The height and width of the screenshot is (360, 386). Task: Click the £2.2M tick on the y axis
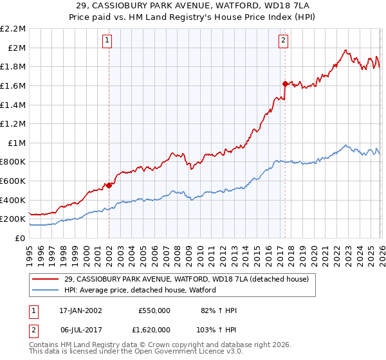(13, 29)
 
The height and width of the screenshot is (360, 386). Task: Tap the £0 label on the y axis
(21, 238)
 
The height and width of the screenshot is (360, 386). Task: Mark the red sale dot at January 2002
(109, 185)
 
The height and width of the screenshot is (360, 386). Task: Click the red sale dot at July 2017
(284, 84)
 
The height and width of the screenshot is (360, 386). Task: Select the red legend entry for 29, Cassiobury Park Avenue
(187, 279)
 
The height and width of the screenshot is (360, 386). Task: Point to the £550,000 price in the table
(154, 310)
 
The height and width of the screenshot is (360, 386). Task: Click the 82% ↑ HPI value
(219, 310)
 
